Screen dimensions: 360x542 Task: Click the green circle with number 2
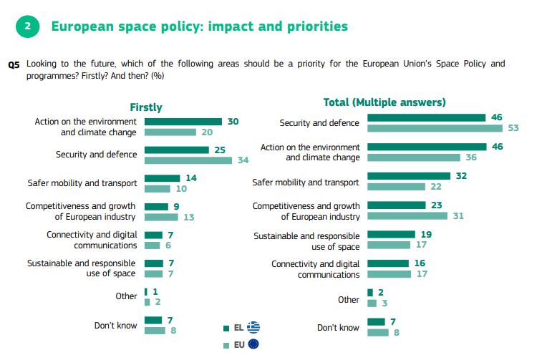tap(27, 27)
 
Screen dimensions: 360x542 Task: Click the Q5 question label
tap(14, 64)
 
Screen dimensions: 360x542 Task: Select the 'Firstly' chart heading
tap(145, 107)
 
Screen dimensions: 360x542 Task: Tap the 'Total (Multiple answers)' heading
tap(384, 102)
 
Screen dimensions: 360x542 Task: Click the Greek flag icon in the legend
tap(253, 327)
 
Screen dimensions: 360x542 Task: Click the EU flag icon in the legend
tap(252, 345)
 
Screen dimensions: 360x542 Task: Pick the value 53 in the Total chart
tap(513, 128)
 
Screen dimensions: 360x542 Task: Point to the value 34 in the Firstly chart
tap(243, 160)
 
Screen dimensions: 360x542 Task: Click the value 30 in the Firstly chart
tap(233, 122)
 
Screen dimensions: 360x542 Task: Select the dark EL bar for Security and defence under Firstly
tap(175, 150)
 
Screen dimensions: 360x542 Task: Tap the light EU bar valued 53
tap(435, 128)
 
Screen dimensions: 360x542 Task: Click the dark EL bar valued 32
tap(408, 175)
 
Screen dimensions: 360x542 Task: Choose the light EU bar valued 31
tap(407, 215)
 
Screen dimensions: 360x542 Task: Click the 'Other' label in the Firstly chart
tap(126, 296)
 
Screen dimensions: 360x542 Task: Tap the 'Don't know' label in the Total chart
tap(338, 327)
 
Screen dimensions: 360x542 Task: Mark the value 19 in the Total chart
tap(425, 234)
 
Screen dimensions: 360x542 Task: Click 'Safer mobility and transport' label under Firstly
tap(82, 183)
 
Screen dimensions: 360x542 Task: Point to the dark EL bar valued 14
tap(162, 178)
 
